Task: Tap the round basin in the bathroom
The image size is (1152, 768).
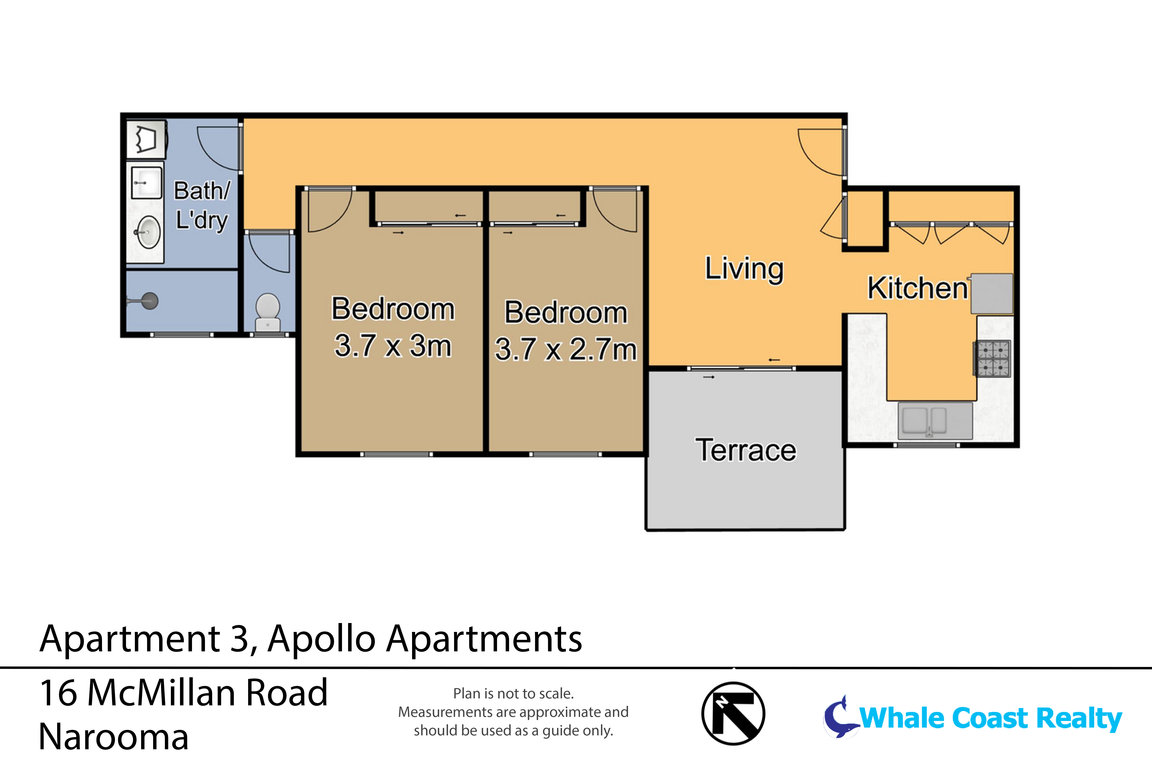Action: pyautogui.click(x=148, y=232)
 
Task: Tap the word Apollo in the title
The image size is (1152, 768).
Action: pyautogui.click(x=321, y=639)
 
